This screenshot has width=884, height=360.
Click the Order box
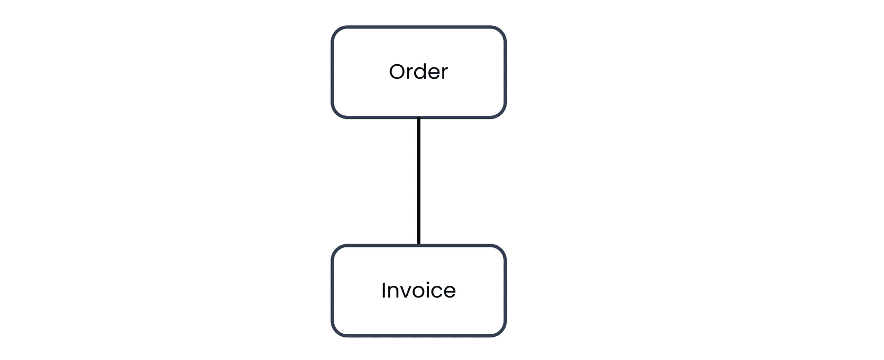pos(418,72)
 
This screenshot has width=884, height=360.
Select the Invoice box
pos(418,291)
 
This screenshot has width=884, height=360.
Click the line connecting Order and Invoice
pos(419,181)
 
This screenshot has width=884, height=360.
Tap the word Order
pos(418,72)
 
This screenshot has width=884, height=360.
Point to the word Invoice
pos(418,291)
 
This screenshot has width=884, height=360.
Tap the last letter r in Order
pos(445,74)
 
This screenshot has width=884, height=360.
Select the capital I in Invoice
pos(383,291)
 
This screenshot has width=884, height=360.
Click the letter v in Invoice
pos(406,293)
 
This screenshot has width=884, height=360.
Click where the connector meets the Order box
pos(419,118)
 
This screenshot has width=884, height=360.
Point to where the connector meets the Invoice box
pos(419,245)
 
